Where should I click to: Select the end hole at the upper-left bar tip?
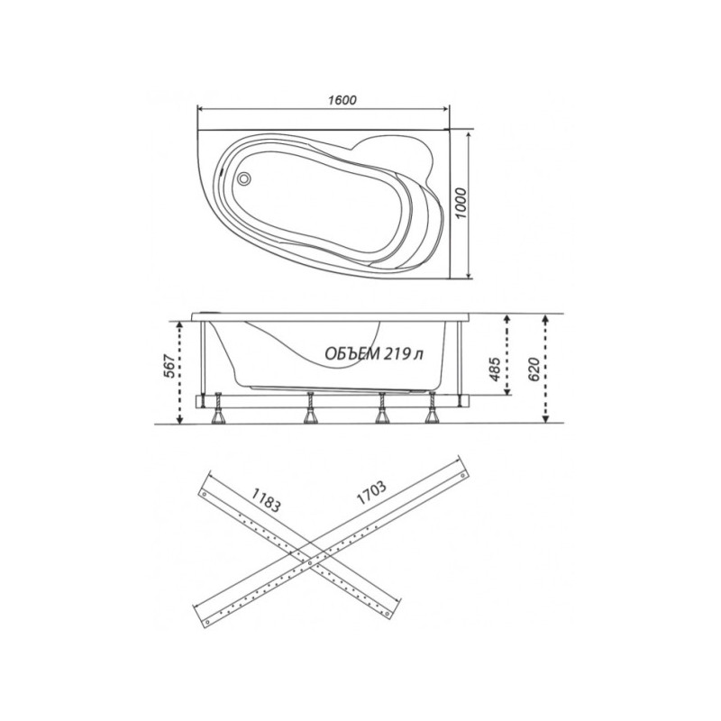pyautogui.click(x=206, y=494)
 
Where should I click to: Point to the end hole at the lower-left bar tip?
pyautogui.click(x=208, y=619)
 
